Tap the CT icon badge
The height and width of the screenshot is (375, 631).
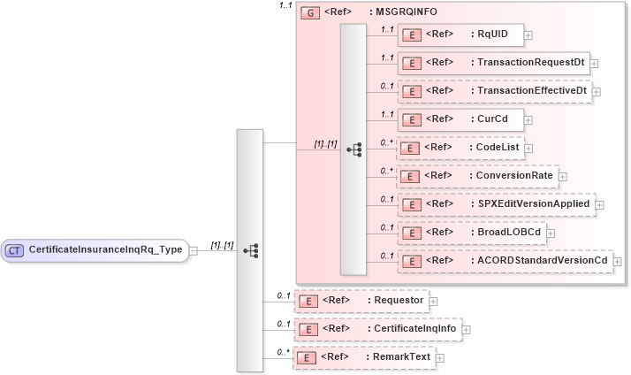pyautogui.click(x=14, y=250)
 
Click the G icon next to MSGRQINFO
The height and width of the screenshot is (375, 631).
pyautogui.click(x=309, y=13)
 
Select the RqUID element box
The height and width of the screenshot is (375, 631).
pyautogui.click(x=459, y=35)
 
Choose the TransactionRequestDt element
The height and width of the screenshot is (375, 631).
pyautogui.click(x=492, y=63)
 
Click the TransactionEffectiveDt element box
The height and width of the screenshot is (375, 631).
pyautogui.click(x=493, y=91)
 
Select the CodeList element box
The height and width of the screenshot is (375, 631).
pyautogui.click(x=465, y=148)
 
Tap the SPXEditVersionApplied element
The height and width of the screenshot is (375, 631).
pyautogui.click(x=495, y=204)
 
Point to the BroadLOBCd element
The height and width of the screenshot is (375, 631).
pyautogui.click(x=470, y=233)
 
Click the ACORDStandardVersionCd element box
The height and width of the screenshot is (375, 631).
pyautogui.click(x=504, y=261)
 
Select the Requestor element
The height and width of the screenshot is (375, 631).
pyautogui.click(x=361, y=301)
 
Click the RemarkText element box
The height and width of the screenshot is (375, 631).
pyautogui.click(x=363, y=357)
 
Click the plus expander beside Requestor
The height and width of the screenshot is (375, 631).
pyautogui.click(x=434, y=302)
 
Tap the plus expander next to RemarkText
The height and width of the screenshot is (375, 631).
pyautogui.click(x=439, y=358)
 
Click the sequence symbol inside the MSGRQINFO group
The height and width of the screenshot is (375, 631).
pyautogui.click(x=354, y=149)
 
